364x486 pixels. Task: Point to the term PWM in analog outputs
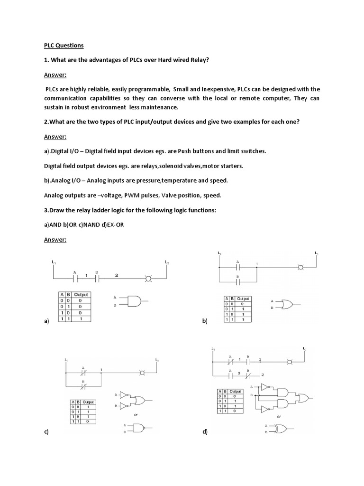(x=128, y=195)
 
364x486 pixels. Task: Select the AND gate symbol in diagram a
(x=136, y=300)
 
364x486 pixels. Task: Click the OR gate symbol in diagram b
(x=286, y=304)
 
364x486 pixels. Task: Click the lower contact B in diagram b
(x=238, y=281)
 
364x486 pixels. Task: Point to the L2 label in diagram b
(x=316, y=253)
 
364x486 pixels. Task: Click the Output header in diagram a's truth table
(x=81, y=294)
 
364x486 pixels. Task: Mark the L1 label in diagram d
(x=214, y=350)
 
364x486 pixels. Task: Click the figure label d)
(x=205, y=432)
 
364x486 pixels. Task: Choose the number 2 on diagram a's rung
(x=117, y=275)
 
